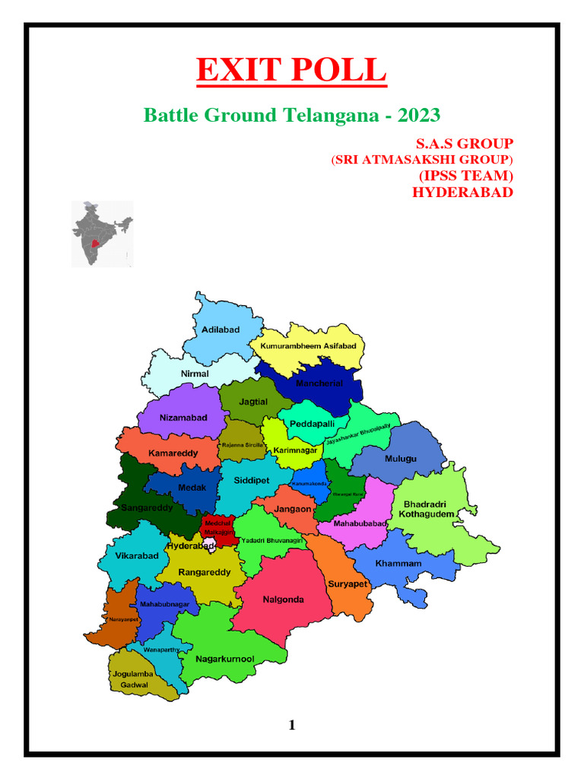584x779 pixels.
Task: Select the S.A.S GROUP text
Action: pos(464,144)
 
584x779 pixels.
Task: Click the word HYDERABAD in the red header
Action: pos(462,192)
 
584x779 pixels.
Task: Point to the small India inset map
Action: pos(102,234)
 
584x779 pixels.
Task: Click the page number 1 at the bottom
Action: pos(292,725)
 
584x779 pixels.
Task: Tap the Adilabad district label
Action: pos(221,329)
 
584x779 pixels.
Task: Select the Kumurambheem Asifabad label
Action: pos(308,346)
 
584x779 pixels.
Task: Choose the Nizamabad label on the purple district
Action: pos(182,418)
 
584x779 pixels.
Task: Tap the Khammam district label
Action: pos(398,564)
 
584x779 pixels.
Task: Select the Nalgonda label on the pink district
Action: pos(283,599)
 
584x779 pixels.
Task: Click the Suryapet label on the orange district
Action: pos(348,584)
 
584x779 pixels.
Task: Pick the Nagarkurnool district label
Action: pos(225,659)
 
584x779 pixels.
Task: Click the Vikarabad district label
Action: pos(137,555)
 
